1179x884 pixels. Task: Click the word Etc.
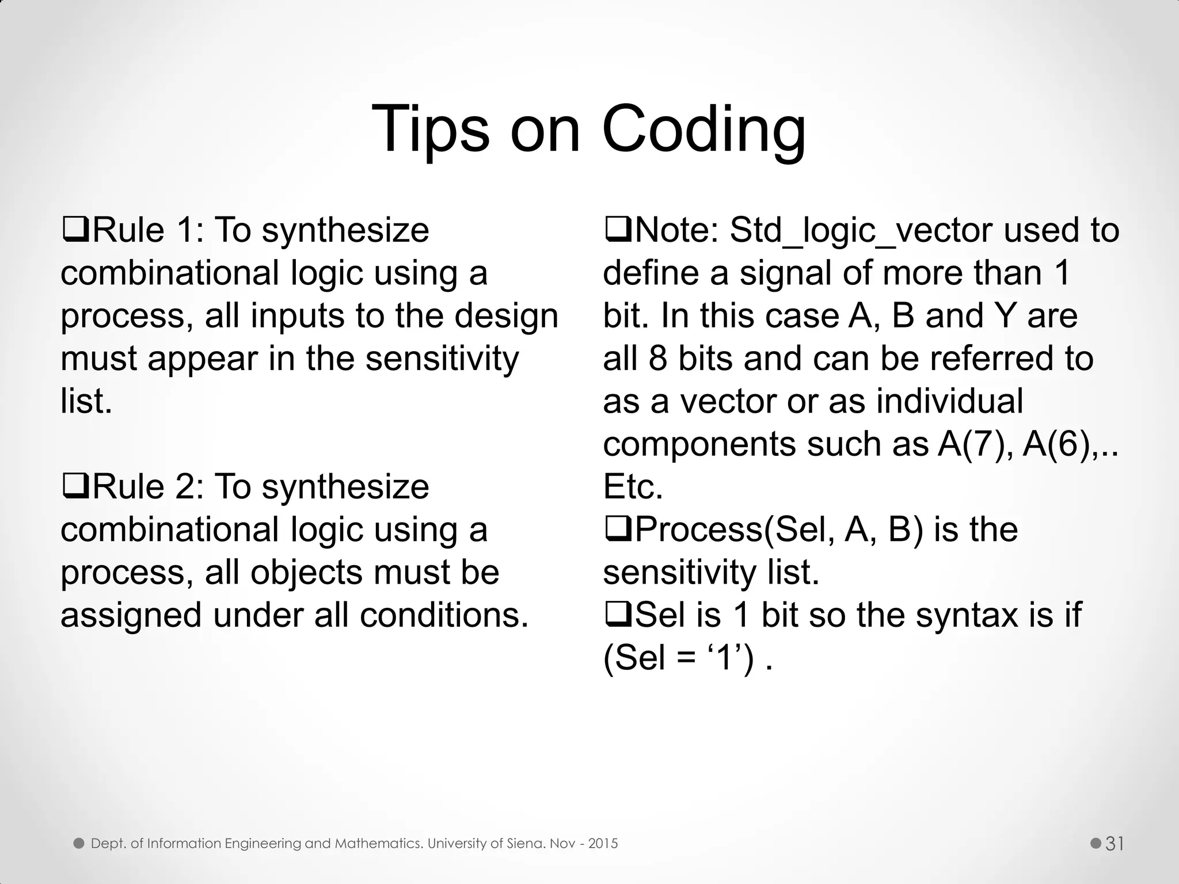(633, 487)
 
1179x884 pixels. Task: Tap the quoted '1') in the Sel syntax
(728, 658)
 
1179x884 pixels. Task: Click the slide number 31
(1115, 844)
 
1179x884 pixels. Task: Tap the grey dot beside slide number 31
(1096, 844)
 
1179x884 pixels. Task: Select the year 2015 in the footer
(603, 844)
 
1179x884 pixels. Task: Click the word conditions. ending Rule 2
(444, 615)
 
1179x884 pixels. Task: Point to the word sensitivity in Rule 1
(442, 359)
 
